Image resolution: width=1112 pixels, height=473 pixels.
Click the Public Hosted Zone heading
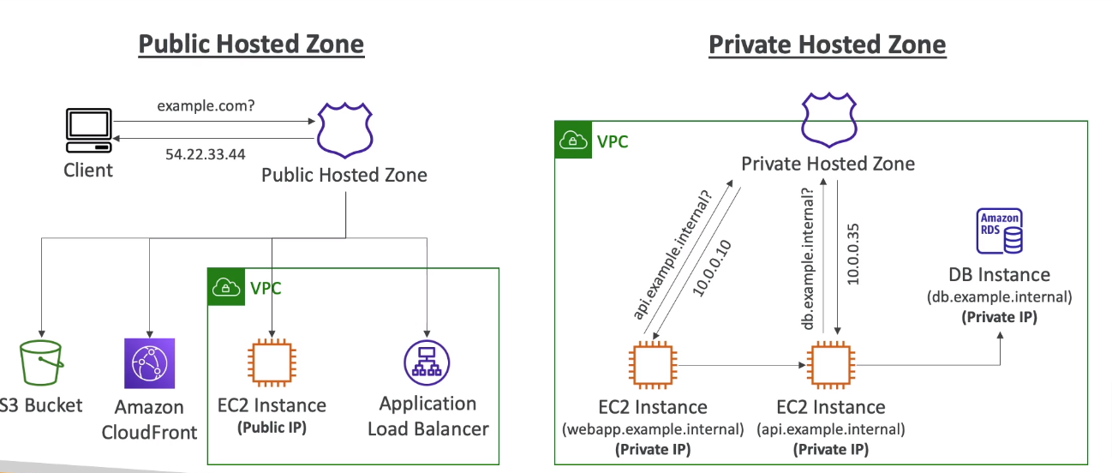[251, 45]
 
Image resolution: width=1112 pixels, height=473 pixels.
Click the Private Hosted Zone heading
[827, 45]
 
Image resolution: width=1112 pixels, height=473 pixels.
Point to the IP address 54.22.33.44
[206, 154]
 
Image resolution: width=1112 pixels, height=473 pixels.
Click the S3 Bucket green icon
[40, 364]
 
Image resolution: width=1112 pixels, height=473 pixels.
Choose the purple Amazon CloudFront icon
[149, 363]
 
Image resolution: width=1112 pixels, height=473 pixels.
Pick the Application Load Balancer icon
[427, 363]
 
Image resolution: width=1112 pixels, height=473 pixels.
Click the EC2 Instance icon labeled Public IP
[272, 363]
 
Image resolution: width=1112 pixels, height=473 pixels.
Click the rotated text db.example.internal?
[806, 257]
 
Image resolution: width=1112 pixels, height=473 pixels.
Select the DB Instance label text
[999, 275]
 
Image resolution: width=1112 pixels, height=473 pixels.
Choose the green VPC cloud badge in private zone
[573, 141]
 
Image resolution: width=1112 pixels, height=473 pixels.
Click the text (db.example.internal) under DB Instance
[999, 297]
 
